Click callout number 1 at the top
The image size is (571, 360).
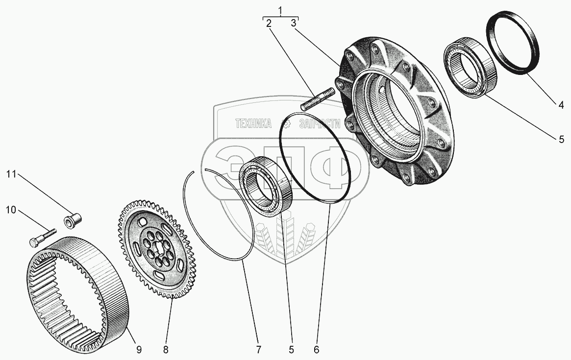pos(280,10)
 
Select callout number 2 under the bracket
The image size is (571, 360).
pos(269,23)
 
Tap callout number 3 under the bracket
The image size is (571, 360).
pos(293,23)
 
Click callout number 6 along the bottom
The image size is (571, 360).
pos(316,349)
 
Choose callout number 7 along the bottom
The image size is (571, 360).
pos(258,349)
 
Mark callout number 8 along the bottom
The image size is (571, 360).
pos(166,349)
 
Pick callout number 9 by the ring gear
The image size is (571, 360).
pos(139,349)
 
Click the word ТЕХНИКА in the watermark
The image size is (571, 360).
pos(253,124)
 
